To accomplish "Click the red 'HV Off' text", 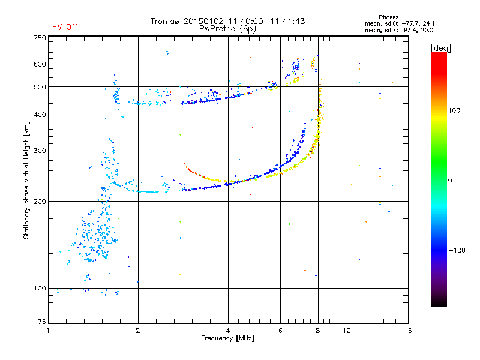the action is (65, 27).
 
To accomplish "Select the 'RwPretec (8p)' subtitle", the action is (227, 29).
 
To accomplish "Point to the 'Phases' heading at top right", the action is (388, 17).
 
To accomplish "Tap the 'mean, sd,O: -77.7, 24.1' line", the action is (400, 23).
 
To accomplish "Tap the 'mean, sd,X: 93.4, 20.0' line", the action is (399, 30).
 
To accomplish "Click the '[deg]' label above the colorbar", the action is (440, 48).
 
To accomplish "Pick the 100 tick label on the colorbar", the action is (454, 110).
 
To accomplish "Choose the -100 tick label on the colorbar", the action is (457, 250).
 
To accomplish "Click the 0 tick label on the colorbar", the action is (450, 181).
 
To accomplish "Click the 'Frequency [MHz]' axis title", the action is (227, 338).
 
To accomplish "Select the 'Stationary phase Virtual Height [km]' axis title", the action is (26, 181).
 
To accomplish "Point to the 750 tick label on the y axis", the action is (40, 38).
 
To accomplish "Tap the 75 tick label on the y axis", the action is (42, 322).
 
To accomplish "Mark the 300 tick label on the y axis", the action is (40, 151).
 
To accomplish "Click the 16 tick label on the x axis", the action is (408, 331).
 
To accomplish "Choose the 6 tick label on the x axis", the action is (280, 331).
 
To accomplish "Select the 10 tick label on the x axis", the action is (347, 331).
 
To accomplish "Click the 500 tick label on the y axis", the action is (40, 87).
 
